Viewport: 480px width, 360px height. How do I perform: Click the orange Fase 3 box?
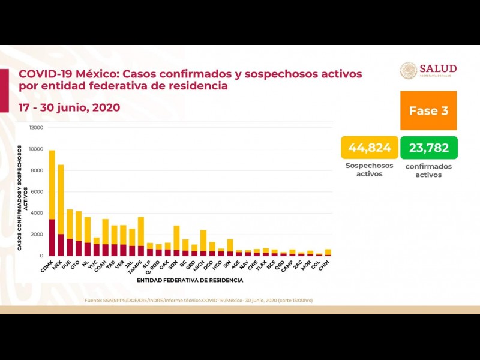click(428, 111)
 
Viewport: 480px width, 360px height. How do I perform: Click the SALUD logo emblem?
click(408, 71)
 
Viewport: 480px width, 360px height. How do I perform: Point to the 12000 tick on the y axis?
click(35, 128)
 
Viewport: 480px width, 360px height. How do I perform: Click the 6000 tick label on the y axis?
click(37, 191)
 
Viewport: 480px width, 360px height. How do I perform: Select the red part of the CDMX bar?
click(52, 238)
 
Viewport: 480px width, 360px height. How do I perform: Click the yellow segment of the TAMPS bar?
click(140, 231)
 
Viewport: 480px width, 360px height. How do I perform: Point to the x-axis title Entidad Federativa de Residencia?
click(190, 280)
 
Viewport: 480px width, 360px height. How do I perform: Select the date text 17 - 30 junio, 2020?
click(70, 107)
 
